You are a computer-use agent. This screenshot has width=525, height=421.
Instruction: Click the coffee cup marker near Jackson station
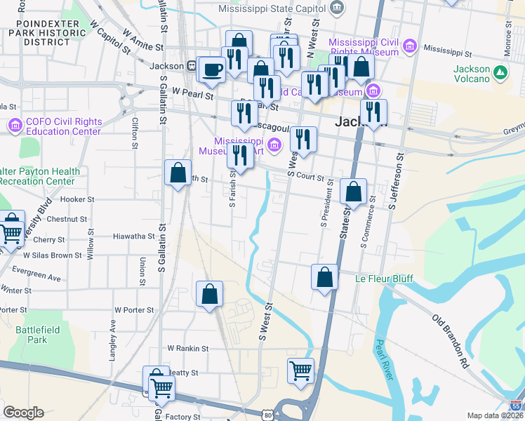pyautogui.click(x=211, y=69)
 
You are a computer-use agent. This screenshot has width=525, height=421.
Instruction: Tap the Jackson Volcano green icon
pyautogui.click(x=500, y=73)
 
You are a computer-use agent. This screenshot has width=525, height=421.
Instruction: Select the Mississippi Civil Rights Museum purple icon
pyautogui.click(x=410, y=47)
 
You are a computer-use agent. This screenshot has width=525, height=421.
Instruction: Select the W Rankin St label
pyautogui.click(x=187, y=348)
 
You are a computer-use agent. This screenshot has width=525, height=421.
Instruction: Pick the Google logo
pyautogui.click(x=23, y=413)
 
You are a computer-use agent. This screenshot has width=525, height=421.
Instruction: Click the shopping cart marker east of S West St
pyautogui.click(x=300, y=369)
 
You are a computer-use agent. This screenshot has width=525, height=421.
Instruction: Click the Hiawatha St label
pyautogui.click(x=133, y=236)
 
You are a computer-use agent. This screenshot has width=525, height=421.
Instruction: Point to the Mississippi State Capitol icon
pyautogui.click(x=338, y=8)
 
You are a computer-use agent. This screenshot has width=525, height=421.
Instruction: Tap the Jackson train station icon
pyautogui.click(x=191, y=66)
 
